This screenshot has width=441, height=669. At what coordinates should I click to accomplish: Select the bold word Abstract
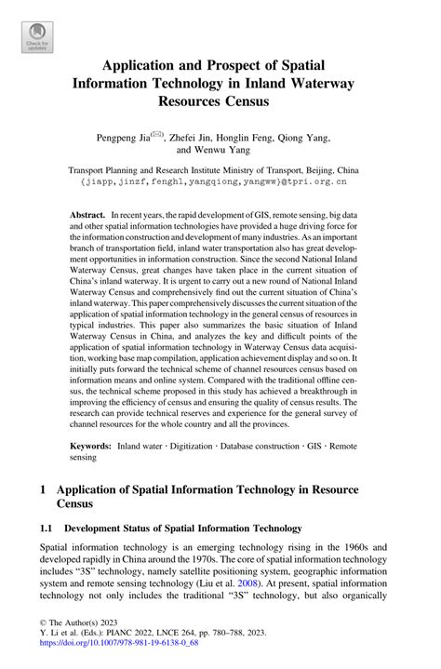(x=87, y=214)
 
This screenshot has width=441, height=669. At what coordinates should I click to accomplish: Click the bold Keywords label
(x=93, y=447)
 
